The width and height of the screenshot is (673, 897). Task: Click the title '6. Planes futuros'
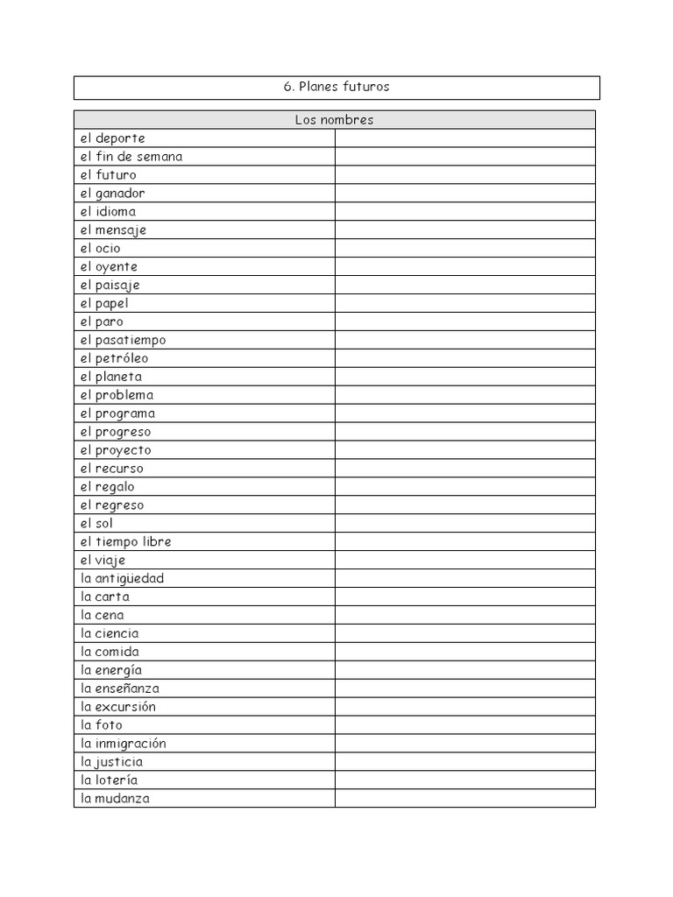point(336,87)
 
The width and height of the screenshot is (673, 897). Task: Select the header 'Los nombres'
point(334,120)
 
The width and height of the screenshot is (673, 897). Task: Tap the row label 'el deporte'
point(112,138)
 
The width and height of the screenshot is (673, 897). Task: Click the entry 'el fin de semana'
point(131,157)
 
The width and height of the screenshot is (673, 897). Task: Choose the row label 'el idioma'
point(108,212)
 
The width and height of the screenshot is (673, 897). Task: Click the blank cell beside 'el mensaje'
point(464,230)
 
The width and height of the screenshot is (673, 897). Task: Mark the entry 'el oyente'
point(109,267)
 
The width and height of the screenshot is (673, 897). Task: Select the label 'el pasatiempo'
point(123,340)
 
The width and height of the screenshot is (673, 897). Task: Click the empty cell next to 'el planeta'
point(464,377)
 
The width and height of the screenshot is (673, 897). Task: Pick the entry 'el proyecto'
point(116,450)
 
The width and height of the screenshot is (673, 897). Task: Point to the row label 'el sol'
point(96,524)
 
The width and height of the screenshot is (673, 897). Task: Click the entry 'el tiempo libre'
point(125,542)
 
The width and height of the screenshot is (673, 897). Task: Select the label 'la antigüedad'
point(122,579)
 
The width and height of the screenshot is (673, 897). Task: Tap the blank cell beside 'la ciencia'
point(464,633)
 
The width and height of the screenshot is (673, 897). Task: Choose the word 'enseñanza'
point(127,689)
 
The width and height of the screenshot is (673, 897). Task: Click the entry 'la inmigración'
point(123,744)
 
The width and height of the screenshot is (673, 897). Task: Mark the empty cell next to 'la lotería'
point(464,780)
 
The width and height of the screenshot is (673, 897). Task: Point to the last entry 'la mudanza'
point(115,799)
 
